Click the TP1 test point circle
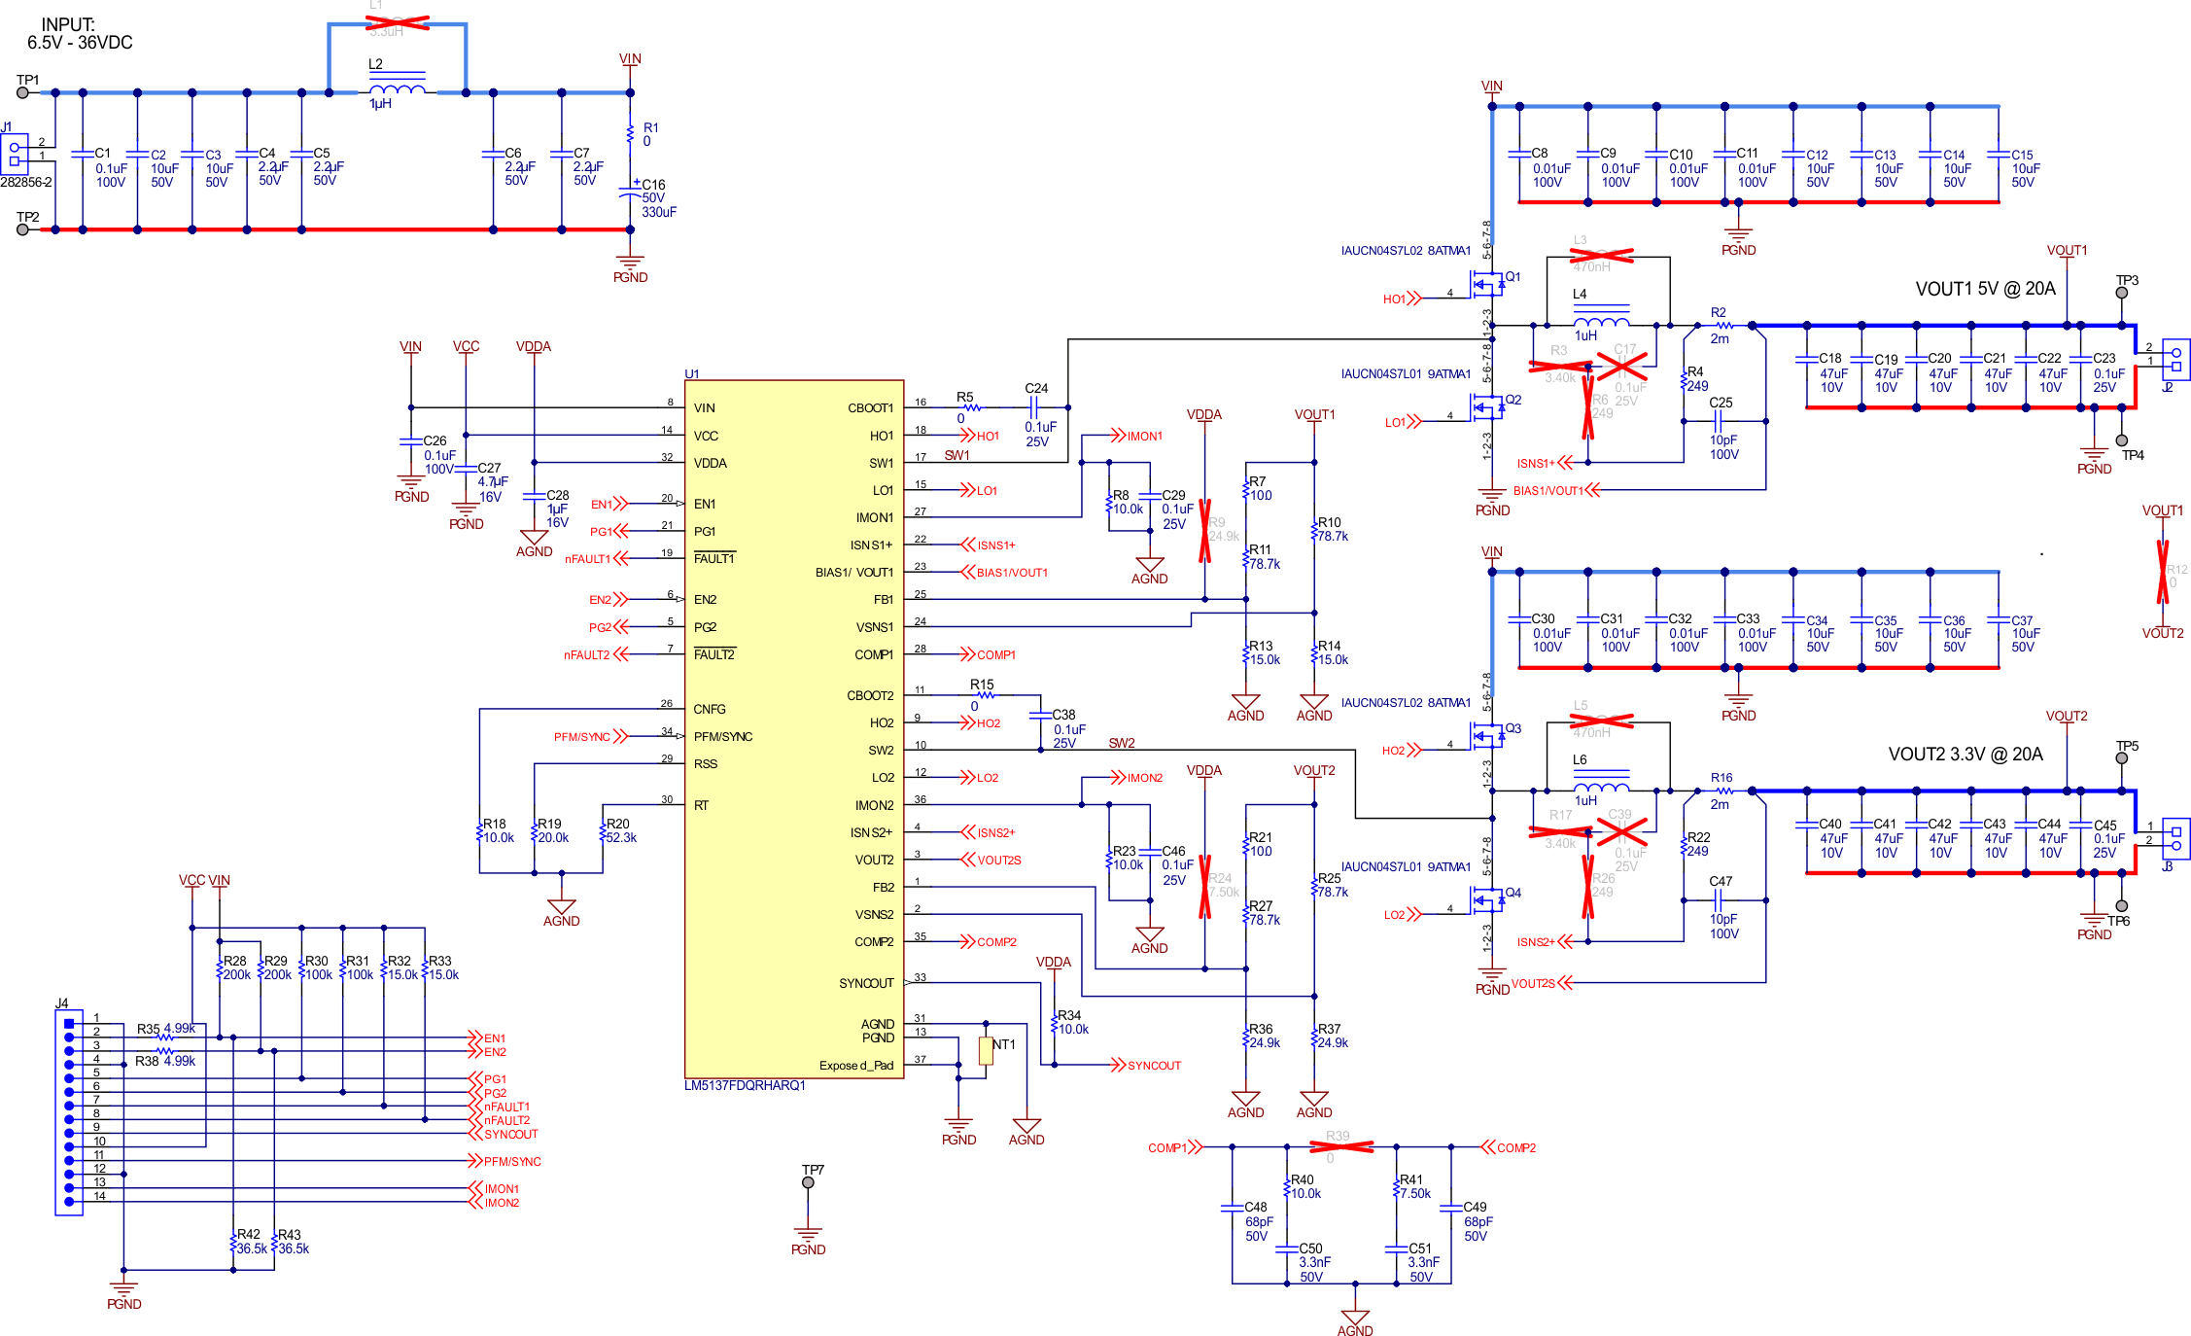click(x=23, y=93)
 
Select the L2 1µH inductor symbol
click(x=397, y=89)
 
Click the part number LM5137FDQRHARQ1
click(x=745, y=1085)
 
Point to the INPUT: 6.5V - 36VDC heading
click(x=79, y=34)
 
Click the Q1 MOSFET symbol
click(x=1487, y=285)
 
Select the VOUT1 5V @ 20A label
click(x=1985, y=289)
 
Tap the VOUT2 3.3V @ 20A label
click(x=1965, y=755)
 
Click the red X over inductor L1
click(x=398, y=22)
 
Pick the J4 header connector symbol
click(x=69, y=1112)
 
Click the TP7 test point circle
click(x=808, y=1182)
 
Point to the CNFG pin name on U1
click(x=710, y=709)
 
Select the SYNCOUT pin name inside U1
click(x=866, y=983)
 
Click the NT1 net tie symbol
click(x=986, y=1050)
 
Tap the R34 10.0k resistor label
click(x=1072, y=1022)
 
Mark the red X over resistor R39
click(x=1341, y=1147)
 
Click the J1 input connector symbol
click(x=15, y=154)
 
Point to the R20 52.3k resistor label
click(x=620, y=830)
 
